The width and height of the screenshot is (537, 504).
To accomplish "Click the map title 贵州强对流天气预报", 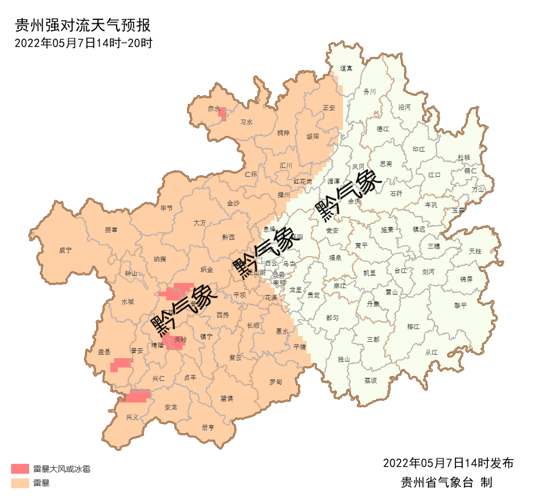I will (82, 26).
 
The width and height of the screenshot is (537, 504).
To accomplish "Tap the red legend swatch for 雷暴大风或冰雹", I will (20, 468).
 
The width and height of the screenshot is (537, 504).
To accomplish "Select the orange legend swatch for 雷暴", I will (20, 483).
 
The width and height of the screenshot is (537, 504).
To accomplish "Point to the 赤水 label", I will (213, 108).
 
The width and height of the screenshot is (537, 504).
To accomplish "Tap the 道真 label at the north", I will (346, 68).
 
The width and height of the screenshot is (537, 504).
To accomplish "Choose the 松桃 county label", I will (464, 157).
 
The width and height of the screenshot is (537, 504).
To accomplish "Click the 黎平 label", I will (461, 305).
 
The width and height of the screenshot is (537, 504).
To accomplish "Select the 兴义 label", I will (132, 417).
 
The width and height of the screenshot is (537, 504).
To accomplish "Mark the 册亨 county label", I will (208, 427).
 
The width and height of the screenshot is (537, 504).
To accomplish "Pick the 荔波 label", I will (371, 380).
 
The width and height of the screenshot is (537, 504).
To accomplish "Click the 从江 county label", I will (431, 352).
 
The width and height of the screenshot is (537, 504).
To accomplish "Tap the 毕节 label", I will (166, 208).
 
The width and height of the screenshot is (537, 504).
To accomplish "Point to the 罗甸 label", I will (275, 382).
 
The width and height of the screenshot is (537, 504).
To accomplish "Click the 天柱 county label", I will (475, 251).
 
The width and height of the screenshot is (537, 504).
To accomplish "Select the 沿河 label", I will (404, 107).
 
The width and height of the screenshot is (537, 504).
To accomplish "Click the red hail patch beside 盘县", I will (121, 364).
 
